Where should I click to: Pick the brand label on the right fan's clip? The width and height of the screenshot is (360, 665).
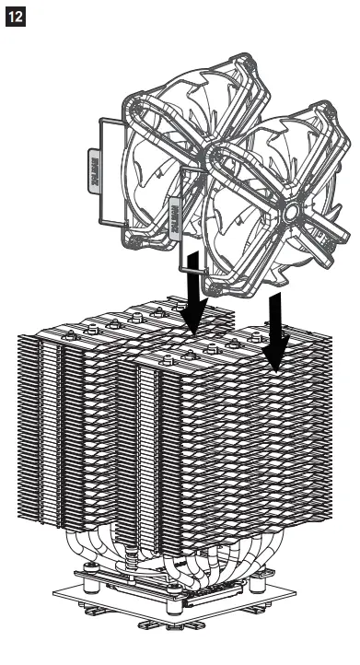tap(175, 211)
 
